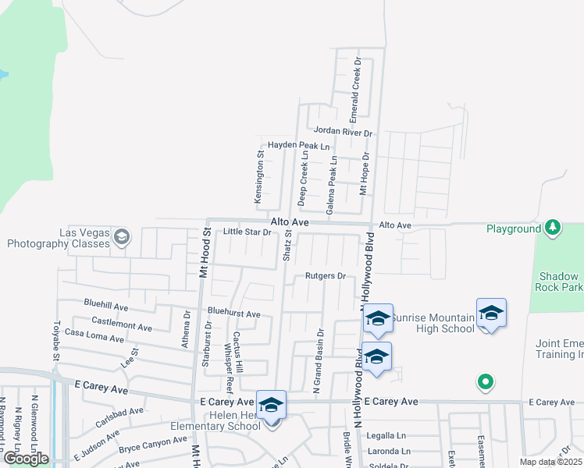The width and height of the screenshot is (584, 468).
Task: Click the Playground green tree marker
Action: click(x=553, y=228)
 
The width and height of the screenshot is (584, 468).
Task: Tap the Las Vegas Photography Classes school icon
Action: click(x=121, y=236)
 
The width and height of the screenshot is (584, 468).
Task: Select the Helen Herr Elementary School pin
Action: click(x=271, y=406)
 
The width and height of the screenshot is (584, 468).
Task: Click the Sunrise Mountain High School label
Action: click(x=433, y=323)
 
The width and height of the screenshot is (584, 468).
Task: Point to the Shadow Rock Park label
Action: click(x=561, y=282)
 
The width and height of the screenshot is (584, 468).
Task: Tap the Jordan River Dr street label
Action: click(x=343, y=133)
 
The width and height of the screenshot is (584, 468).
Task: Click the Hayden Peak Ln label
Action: click(x=299, y=146)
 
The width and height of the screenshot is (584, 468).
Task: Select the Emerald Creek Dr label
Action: click(x=355, y=81)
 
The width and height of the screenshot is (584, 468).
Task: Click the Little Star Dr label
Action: click(x=246, y=232)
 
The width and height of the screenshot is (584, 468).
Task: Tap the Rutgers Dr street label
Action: click(x=325, y=275)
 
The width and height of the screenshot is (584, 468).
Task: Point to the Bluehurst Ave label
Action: click(x=233, y=313)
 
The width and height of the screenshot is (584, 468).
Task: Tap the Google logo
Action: click(x=26, y=459)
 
